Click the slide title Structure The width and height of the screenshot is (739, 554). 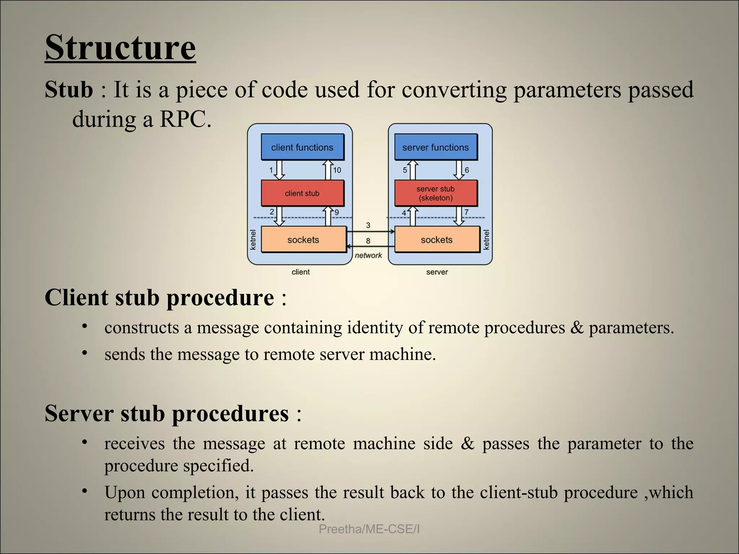(120, 48)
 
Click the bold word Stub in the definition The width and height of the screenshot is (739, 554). (69, 90)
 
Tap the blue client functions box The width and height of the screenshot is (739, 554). (302, 147)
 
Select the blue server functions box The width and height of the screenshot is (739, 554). (436, 147)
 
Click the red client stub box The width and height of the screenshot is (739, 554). (302, 193)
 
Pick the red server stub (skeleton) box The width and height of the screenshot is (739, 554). (436, 193)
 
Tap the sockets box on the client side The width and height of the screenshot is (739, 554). (303, 239)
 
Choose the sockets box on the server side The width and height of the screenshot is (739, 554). (437, 239)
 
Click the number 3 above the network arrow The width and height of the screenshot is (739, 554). (368, 225)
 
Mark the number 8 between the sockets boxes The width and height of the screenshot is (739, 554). (368, 241)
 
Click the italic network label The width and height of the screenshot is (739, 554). (368, 255)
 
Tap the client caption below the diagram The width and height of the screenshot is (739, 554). (301, 272)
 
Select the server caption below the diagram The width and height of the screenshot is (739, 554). (437, 272)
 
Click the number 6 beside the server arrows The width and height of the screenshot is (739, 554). (467, 170)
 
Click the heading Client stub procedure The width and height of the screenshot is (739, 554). (159, 298)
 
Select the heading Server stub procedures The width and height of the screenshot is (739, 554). (167, 413)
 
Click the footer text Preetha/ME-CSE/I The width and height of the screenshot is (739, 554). (369, 529)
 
